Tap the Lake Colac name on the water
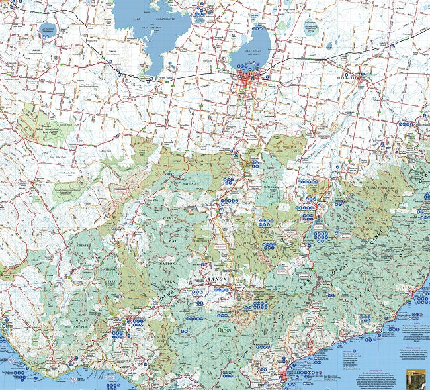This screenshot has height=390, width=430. coord(249,51)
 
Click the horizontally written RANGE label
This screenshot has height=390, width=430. coord(217,280)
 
